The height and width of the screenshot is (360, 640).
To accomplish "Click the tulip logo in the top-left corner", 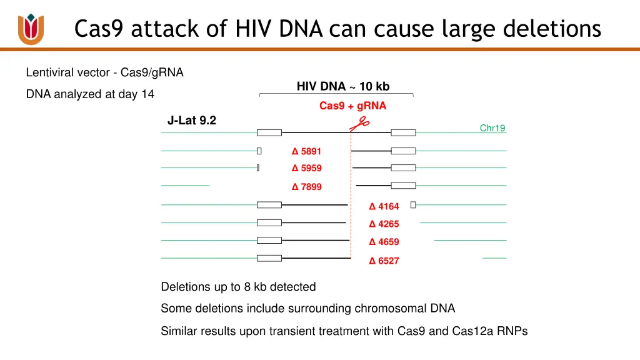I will pos(31,29).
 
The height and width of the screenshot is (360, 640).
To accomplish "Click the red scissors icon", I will pos(359,124).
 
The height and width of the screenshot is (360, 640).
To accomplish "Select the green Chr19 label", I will pos(492,128).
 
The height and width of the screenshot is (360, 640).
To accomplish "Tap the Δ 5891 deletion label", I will pos(307,151).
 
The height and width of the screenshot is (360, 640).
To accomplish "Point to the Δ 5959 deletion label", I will pos(307,168).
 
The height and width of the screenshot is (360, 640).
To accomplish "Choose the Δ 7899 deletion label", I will pos(307,187).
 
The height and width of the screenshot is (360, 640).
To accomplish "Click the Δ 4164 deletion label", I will pos(384,206).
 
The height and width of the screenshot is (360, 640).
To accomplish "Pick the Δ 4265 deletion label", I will pos(384,224).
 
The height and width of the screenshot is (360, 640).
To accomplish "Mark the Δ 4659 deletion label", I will pos(384,242).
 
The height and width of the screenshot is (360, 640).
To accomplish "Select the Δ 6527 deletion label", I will pos(384,261).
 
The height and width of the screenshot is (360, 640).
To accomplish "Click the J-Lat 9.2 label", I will pos(192,121).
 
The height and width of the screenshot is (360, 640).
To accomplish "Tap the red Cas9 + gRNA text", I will pos(352,106).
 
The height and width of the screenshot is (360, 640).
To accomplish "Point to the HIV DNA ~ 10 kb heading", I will pos(343,86).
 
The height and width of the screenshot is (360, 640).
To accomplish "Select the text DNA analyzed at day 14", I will pos(90,94).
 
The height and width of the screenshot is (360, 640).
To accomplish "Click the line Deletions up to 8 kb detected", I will pos(238,287).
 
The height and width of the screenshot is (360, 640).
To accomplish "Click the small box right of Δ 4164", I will pos(413,205).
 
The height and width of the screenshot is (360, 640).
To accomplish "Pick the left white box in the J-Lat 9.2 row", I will pos(269,132).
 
